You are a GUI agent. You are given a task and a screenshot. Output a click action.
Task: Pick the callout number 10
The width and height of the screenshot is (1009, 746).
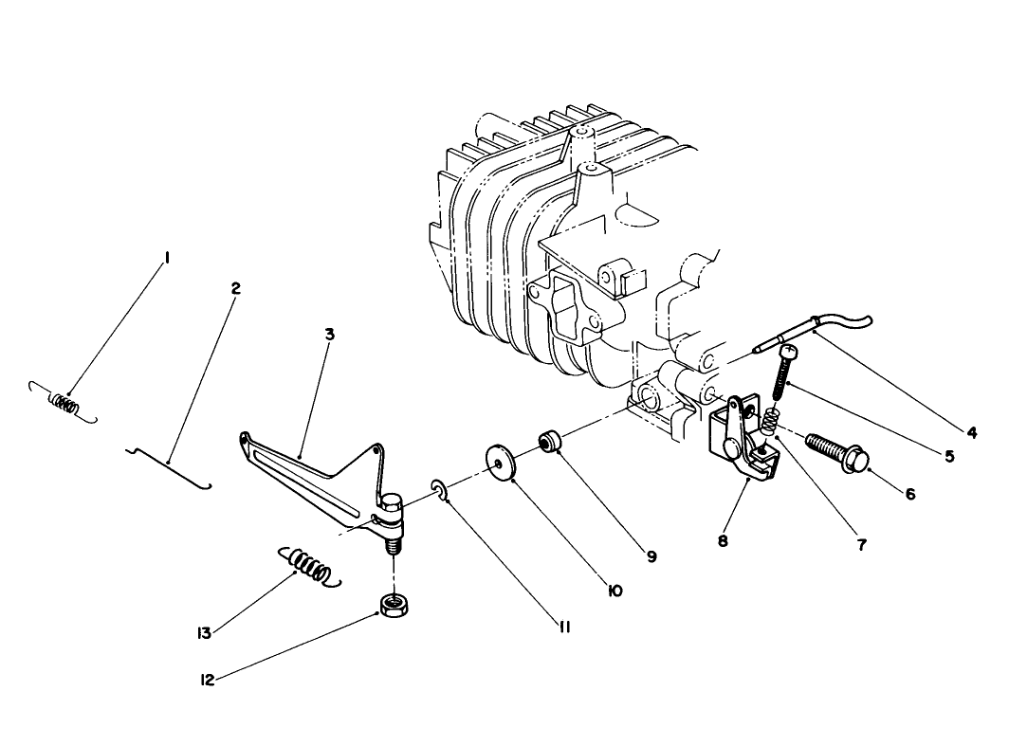tap(614, 591)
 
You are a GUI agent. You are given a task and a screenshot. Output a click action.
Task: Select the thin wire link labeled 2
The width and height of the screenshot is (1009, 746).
tap(169, 464)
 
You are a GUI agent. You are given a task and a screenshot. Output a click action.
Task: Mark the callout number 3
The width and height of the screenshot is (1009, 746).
tap(330, 334)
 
